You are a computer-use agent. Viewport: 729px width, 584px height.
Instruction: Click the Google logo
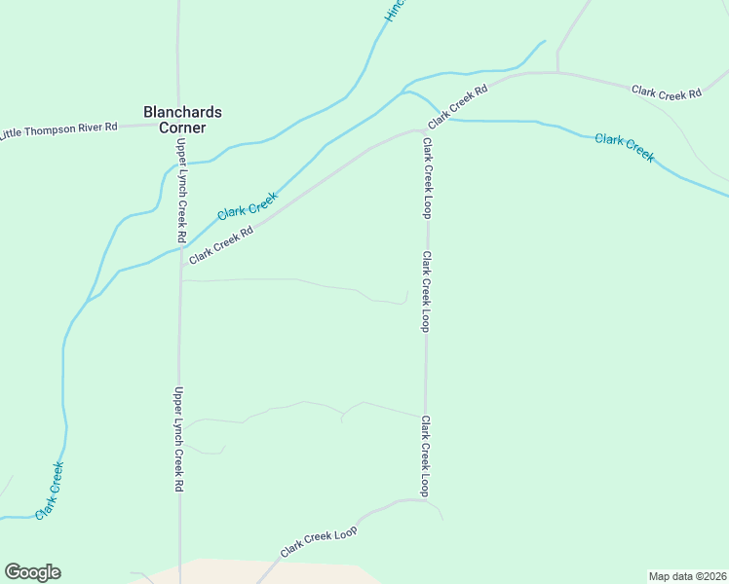(x=32, y=572)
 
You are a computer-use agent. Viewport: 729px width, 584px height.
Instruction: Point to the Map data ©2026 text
(x=687, y=575)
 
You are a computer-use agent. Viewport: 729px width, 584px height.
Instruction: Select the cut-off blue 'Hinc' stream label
(x=394, y=10)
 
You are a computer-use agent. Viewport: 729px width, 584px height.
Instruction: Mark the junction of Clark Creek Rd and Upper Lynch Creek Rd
(x=181, y=264)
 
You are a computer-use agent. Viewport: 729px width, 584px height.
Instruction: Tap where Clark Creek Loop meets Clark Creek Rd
(x=425, y=130)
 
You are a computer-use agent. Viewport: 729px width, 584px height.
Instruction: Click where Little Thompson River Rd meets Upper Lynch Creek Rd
(x=178, y=125)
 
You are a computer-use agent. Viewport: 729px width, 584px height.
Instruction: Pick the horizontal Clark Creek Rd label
(x=667, y=92)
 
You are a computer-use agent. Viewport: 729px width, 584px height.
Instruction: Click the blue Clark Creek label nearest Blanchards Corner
(x=248, y=204)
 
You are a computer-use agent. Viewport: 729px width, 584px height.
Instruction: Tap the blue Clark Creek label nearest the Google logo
(x=50, y=490)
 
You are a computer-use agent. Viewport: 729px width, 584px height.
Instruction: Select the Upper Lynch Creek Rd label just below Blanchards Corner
(x=181, y=190)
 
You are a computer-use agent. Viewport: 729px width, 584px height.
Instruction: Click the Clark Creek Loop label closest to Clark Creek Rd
(x=427, y=176)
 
